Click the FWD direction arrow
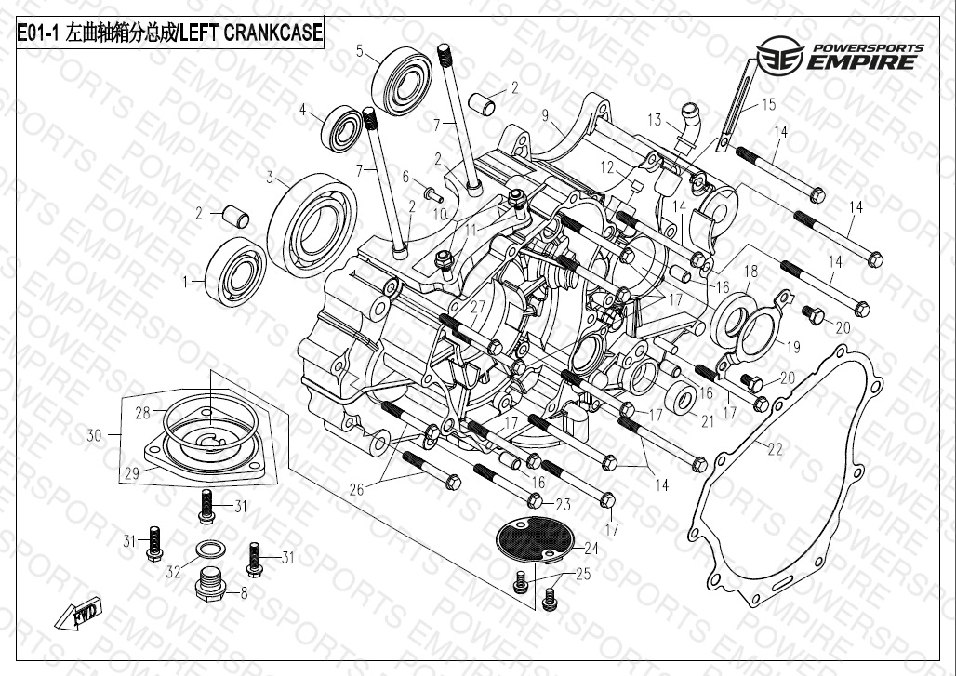tap(80, 615)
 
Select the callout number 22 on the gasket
tap(775, 449)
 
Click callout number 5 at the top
tap(360, 52)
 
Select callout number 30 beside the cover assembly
tap(95, 434)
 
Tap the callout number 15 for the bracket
tap(768, 104)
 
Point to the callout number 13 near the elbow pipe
tap(655, 120)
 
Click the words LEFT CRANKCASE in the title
tap(250, 34)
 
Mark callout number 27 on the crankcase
tap(478, 308)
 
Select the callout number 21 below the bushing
tap(708, 421)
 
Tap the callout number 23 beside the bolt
tap(563, 505)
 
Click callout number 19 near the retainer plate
tap(793, 348)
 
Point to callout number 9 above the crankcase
tap(547, 115)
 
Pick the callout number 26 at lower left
tap(356, 488)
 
